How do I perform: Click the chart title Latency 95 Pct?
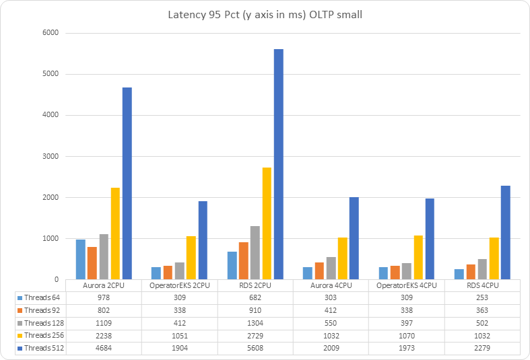[265, 15]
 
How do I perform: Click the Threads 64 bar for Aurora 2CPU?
[81, 259]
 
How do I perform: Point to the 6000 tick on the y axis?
[51, 33]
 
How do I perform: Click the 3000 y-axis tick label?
[51, 156]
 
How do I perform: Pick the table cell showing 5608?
[255, 348]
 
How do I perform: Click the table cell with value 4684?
[103, 348]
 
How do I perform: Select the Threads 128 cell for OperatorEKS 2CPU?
[179, 322]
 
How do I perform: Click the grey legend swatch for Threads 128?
[20, 322]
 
